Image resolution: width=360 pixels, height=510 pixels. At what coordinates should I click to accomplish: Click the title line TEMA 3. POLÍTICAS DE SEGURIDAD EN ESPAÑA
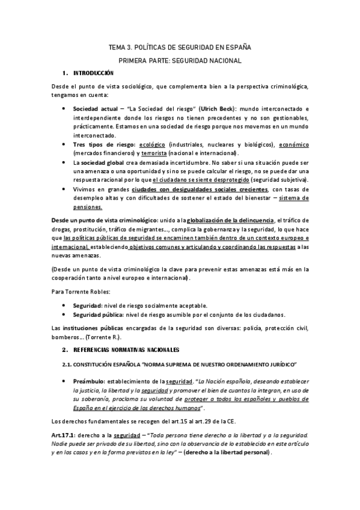[x=180, y=46]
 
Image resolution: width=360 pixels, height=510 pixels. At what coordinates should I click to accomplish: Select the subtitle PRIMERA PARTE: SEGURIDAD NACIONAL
[x=180, y=61]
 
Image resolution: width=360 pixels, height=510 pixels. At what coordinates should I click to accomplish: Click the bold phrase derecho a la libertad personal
[x=229, y=452]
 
